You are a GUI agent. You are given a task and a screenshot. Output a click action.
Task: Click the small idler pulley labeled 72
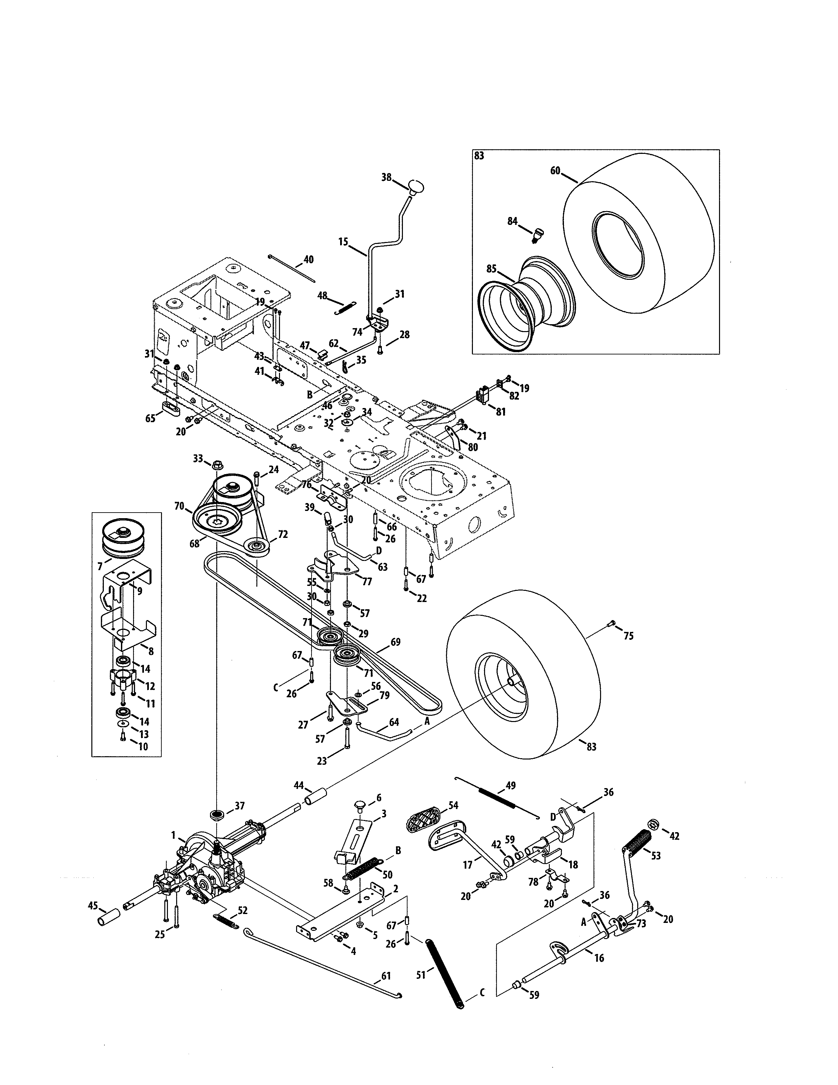(258, 547)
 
